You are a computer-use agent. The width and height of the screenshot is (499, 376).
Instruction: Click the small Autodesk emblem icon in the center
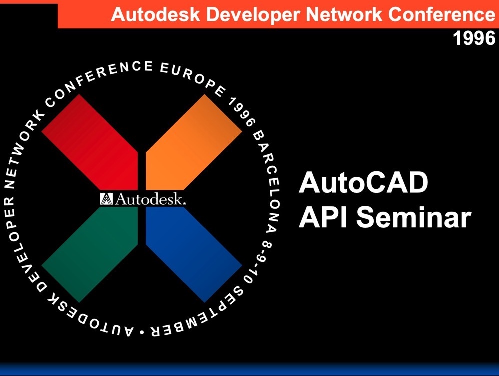coord(106,199)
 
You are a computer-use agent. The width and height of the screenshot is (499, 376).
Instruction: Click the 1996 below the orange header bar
coord(474,38)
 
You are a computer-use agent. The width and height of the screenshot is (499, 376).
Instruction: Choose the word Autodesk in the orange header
coord(156,14)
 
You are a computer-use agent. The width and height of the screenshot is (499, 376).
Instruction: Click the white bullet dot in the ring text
coord(142,332)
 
